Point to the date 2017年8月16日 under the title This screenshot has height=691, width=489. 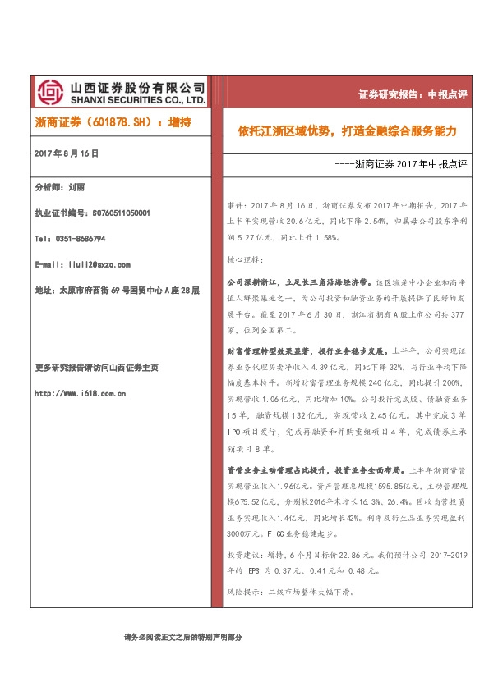67,153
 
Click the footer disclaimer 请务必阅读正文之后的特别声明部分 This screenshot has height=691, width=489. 184,637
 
